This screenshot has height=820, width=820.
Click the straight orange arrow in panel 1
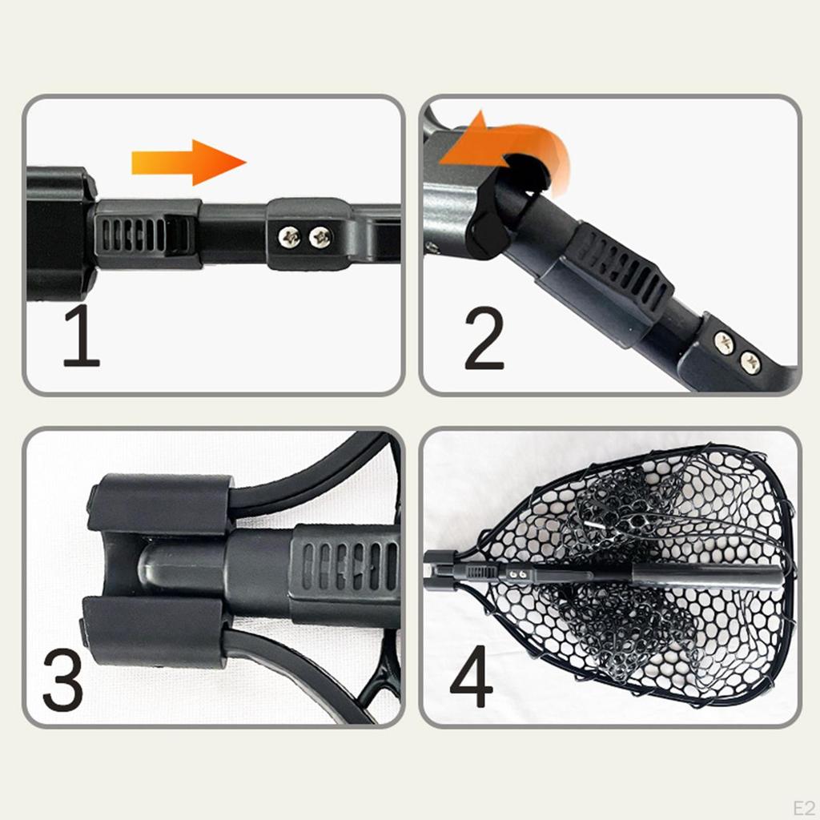coord(188,163)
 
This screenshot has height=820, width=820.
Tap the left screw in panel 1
coord(290,236)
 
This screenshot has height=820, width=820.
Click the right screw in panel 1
coord(321,236)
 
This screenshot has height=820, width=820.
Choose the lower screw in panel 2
coord(750,362)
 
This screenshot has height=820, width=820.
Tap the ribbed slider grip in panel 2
coord(621,271)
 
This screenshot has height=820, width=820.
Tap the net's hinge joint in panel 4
coord(440,570)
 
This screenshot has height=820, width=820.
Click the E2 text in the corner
coord(802,804)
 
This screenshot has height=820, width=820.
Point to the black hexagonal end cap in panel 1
coord(60,233)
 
